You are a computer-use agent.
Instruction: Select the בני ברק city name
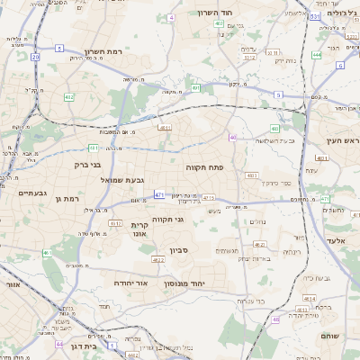(x=87, y=166)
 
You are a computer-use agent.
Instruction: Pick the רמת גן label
(x=67, y=198)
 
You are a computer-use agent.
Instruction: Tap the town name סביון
(x=175, y=249)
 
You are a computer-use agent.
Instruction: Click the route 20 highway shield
(x=35, y=57)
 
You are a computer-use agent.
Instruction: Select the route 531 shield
(x=314, y=17)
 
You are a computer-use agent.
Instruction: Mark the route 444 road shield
(x=317, y=55)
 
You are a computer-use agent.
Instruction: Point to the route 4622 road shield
(x=157, y=260)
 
